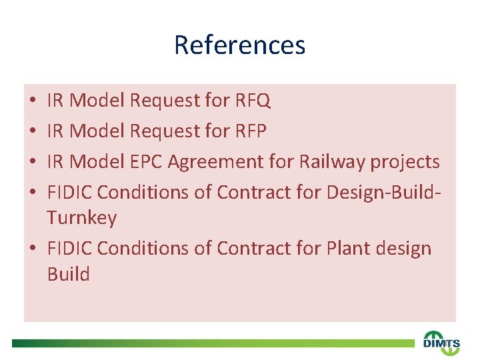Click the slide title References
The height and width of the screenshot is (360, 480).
[x=239, y=45]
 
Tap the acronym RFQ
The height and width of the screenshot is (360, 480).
[x=253, y=101]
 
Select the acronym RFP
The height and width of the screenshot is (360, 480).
[x=251, y=131]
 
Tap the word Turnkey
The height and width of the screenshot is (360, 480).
[x=82, y=219]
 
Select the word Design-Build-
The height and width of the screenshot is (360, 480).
[x=383, y=193]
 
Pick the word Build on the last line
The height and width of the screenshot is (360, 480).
[x=68, y=274]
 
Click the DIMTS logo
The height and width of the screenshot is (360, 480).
[x=441, y=341]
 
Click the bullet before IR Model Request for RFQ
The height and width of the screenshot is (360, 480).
[x=33, y=102]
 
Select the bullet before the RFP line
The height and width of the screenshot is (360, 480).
[x=33, y=132]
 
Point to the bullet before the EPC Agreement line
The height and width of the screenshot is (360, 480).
[x=33, y=162]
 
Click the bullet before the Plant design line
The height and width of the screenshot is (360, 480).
[x=33, y=249]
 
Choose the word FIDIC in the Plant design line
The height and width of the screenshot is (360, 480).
[x=69, y=248]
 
